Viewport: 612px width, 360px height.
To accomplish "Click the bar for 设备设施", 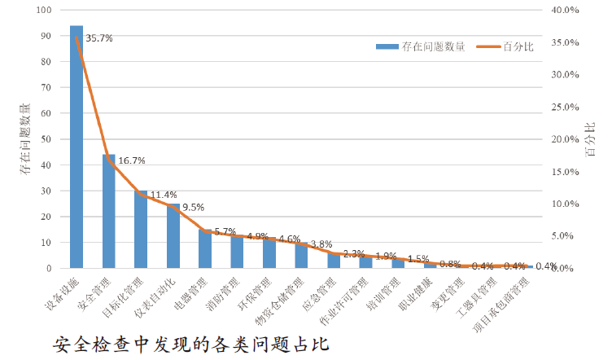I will tap(76, 147).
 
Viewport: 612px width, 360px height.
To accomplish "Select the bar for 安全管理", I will tap(108, 211).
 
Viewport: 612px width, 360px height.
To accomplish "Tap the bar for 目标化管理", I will tap(141, 229).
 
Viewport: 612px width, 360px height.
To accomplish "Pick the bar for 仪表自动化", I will tap(173, 235).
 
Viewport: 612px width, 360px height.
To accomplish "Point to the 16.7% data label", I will tap(131, 160).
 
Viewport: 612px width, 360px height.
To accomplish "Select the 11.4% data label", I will tap(163, 195).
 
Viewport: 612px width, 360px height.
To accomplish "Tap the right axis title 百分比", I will tap(589, 139).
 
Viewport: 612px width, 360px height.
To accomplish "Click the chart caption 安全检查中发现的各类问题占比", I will tap(190, 343).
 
